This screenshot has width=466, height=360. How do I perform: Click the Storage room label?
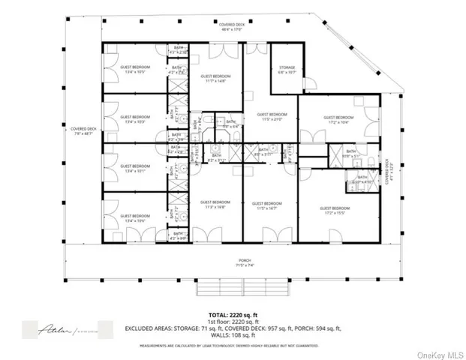point(286,70)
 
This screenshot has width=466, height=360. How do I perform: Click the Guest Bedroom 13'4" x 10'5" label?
point(135,70)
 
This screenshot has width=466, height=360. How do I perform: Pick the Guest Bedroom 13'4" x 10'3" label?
point(135,119)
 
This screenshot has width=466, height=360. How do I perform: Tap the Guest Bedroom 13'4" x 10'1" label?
point(135,168)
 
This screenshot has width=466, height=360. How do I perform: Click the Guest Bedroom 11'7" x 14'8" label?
point(215,79)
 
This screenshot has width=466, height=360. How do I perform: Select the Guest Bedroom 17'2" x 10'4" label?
point(338,119)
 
